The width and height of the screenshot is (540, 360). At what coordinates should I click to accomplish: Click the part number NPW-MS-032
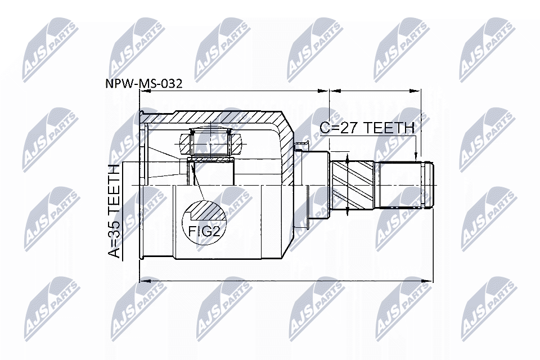click(144, 84)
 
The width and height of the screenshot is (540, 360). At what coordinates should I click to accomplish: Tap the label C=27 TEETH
click(367, 128)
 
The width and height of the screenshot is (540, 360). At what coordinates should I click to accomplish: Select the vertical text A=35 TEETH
click(114, 211)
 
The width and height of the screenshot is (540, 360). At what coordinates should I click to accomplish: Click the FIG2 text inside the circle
click(204, 231)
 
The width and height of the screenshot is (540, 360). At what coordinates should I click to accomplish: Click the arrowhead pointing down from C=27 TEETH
click(416, 156)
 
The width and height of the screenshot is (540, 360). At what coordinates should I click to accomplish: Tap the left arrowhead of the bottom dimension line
click(143, 280)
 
